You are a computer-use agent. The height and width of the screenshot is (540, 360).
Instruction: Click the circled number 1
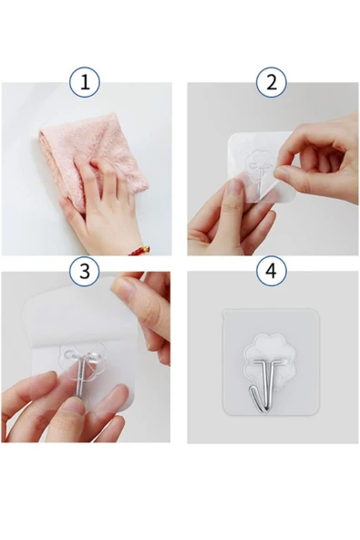point(85,83)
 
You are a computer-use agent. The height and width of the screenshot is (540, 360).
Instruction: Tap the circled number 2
point(272,83)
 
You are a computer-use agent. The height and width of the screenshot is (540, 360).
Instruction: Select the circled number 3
point(85,271)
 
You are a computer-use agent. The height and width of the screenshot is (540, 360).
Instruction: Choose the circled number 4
point(272,271)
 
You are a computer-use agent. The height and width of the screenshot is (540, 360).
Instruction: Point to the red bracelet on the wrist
point(138,248)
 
